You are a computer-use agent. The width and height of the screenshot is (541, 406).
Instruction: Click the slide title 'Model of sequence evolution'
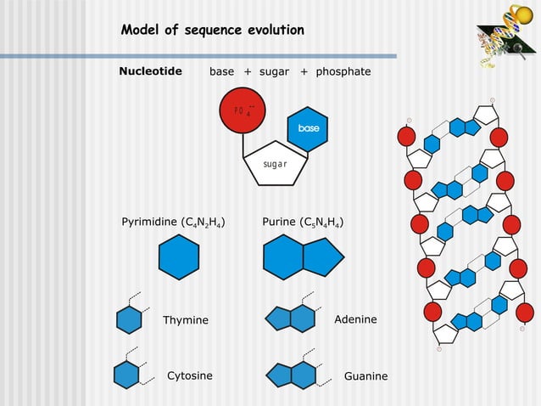click(x=212, y=31)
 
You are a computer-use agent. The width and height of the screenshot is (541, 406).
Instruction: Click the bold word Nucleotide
click(x=151, y=71)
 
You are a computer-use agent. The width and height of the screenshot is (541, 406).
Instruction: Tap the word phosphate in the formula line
click(x=343, y=71)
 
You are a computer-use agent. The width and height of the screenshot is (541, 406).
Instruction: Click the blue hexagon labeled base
click(x=308, y=128)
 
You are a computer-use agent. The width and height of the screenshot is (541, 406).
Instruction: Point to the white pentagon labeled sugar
click(x=274, y=161)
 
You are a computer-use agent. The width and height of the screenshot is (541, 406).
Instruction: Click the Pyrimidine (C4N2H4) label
click(x=174, y=223)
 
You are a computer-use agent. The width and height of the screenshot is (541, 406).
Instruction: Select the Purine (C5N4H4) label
click(x=303, y=223)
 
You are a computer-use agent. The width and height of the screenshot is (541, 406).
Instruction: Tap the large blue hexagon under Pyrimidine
click(x=179, y=257)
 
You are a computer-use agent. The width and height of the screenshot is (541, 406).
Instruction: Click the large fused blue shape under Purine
click(x=301, y=257)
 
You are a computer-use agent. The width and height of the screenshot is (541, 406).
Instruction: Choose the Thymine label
click(x=186, y=319)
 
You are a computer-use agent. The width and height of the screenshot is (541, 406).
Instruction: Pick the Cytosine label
click(x=190, y=375)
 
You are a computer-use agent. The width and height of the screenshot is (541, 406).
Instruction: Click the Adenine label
click(x=356, y=319)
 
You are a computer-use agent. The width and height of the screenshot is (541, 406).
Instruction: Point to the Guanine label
click(x=365, y=376)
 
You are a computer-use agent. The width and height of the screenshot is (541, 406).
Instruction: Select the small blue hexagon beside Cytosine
click(x=126, y=374)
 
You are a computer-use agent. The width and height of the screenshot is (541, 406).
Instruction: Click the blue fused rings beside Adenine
click(x=291, y=319)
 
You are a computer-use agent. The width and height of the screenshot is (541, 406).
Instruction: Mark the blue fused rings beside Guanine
click(x=291, y=375)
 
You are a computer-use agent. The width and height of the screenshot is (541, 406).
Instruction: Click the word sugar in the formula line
click(x=275, y=71)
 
